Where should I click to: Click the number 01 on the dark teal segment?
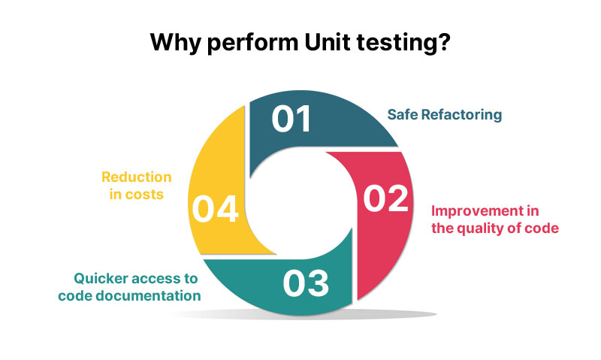point(291,119)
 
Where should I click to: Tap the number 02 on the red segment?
point(385,198)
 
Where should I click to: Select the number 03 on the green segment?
point(307,283)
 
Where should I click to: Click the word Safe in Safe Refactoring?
point(402,115)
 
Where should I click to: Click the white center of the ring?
point(300,200)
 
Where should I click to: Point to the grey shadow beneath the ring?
point(300,313)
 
